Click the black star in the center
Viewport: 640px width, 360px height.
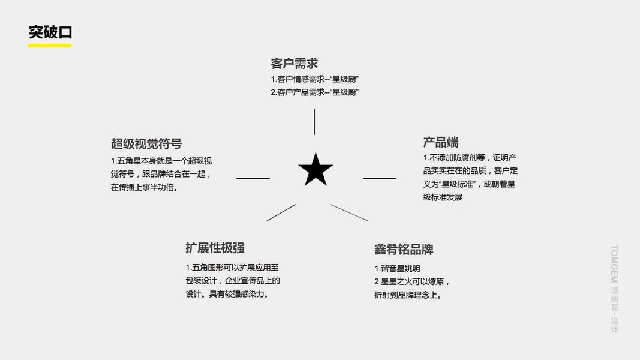tap(316, 170)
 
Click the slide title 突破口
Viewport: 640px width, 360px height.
tap(50, 32)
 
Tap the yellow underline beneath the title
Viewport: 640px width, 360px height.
tap(50, 46)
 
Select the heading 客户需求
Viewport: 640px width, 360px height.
tap(294, 64)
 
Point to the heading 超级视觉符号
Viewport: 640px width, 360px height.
tap(146, 144)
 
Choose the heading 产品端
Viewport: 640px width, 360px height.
tap(441, 142)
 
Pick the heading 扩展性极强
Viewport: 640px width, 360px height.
tap(215, 248)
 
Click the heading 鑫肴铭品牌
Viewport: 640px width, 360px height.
tap(404, 250)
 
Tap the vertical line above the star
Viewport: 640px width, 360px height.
tap(314, 122)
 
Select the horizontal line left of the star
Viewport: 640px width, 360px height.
tap(253, 178)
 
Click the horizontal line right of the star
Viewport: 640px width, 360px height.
tap(380, 178)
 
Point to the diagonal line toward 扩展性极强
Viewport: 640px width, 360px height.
tap(281, 212)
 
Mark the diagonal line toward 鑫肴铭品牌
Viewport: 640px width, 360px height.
tap(349, 212)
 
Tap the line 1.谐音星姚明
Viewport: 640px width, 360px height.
tap(397, 269)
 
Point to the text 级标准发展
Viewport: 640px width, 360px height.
tap(443, 197)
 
